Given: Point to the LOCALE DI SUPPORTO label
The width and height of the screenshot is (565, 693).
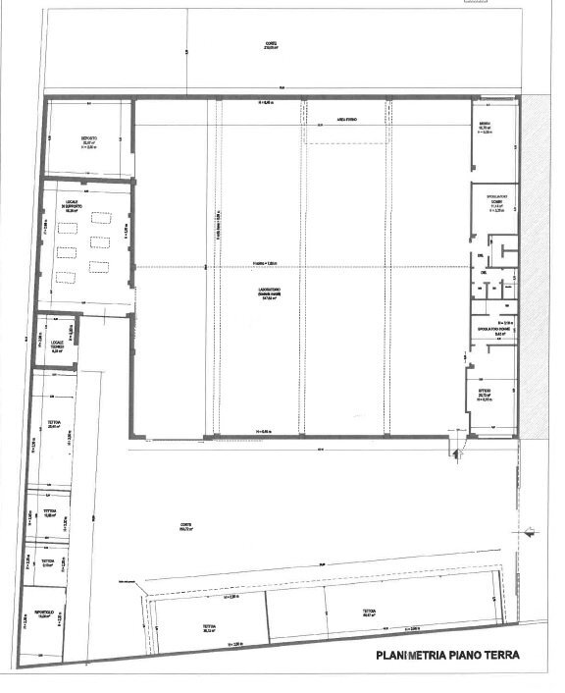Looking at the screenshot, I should pos(71,205).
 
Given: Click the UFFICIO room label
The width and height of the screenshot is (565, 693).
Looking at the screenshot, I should pos(485,391).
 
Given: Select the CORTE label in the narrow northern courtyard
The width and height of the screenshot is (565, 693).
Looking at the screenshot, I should pos(271,43).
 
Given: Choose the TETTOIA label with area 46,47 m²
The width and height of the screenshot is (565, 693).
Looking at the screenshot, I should pos(369,611).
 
